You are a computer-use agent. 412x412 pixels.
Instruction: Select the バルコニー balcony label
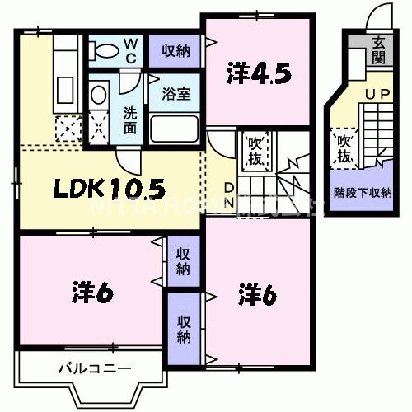click(x=93, y=368)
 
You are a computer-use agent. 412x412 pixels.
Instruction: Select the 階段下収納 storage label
click(x=363, y=194)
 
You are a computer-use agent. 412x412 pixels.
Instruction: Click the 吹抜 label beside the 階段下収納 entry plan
click(x=344, y=147)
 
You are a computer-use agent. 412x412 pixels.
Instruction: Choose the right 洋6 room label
click(x=256, y=292)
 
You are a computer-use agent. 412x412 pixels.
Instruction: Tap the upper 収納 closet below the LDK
click(x=183, y=259)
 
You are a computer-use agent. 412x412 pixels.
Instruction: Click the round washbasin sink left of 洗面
click(x=99, y=96)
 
